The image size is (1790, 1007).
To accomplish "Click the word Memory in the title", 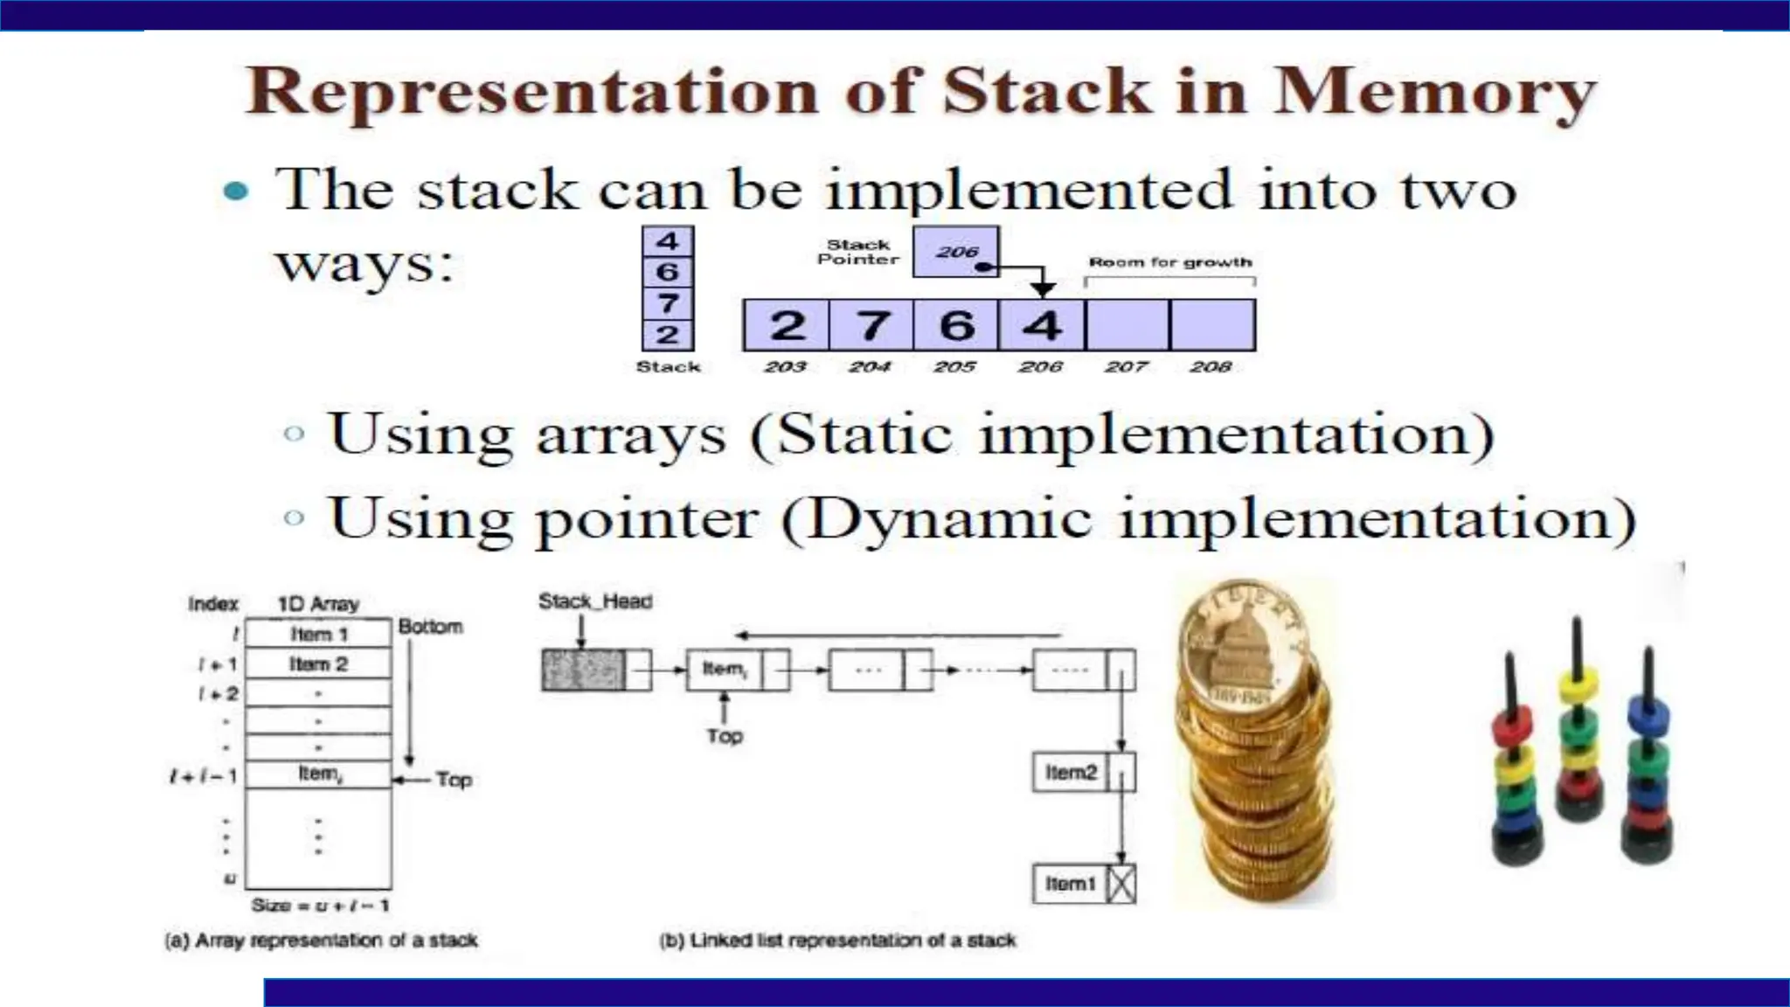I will (x=1433, y=93).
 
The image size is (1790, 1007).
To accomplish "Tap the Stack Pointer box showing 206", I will (x=955, y=252).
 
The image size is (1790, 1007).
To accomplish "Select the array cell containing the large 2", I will (x=786, y=325).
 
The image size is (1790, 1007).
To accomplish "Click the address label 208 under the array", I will (x=1211, y=367).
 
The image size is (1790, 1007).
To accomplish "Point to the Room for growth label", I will (x=1169, y=262).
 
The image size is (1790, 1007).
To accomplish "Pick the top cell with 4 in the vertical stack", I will (x=668, y=240).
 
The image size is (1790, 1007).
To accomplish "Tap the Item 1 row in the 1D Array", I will (x=318, y=634).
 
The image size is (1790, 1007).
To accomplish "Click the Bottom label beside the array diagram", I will (x=430, y=627).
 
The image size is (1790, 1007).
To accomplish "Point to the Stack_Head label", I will (x=595, y=601).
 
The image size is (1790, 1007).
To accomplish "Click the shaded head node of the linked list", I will (x=583, y=670).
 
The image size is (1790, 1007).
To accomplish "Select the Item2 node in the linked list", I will (x=1072, y=773).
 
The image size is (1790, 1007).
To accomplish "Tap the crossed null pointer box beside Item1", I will (x=1120, y=885).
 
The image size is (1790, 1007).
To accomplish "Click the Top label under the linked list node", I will (x=725, y=736).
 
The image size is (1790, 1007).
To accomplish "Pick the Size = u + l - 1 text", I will (x=320, y=906).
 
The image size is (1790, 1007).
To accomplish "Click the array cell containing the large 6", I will (x=956, y=325).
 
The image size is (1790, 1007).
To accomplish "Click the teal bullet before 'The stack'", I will (x=236, y=191).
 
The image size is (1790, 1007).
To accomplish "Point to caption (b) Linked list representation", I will (x=837, y=941).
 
